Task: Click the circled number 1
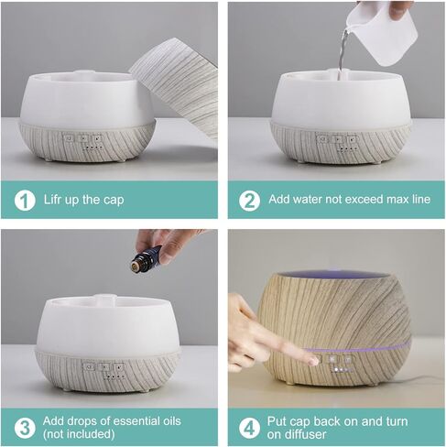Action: [x=25, y=200]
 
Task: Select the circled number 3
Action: [x=25, y=427]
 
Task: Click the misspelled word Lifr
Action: [x=56, y=200]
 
